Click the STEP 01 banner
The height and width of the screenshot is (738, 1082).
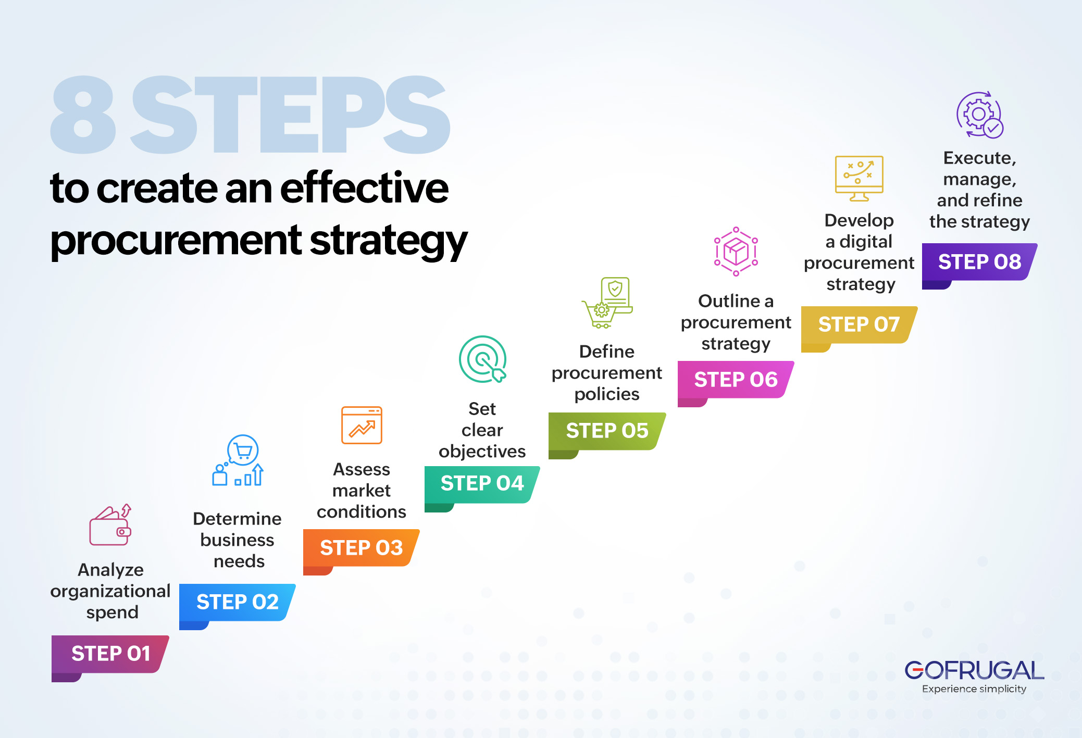pos(110,654)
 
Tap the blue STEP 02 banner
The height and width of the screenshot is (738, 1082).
pos(237,602)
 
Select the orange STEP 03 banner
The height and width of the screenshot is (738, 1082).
pos(361,548)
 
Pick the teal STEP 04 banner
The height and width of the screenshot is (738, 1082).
pos(482,484)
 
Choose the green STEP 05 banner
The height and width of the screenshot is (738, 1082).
pos(607,431)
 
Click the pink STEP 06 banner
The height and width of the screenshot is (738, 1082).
pos(736,380)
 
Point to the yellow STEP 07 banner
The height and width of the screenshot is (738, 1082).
pos(859,324)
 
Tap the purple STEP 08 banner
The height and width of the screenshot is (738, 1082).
pos(979,262)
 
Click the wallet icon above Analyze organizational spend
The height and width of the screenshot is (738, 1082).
pos(110,526)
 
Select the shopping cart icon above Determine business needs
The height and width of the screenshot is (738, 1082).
pos(238,460)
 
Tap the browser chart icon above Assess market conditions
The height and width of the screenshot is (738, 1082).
pos(362,425)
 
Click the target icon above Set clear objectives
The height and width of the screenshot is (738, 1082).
pos(482,359)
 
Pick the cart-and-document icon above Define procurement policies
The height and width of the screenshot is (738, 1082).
pos(607,303)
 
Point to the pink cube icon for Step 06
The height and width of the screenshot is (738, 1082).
pos(736,252)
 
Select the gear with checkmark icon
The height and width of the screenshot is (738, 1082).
pos(979,115)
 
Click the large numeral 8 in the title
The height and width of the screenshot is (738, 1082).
pos(83,115)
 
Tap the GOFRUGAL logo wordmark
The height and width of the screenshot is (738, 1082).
pos(974,670)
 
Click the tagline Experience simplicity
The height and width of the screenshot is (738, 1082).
pos(974,689)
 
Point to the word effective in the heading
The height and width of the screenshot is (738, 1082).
pos(364,188)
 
